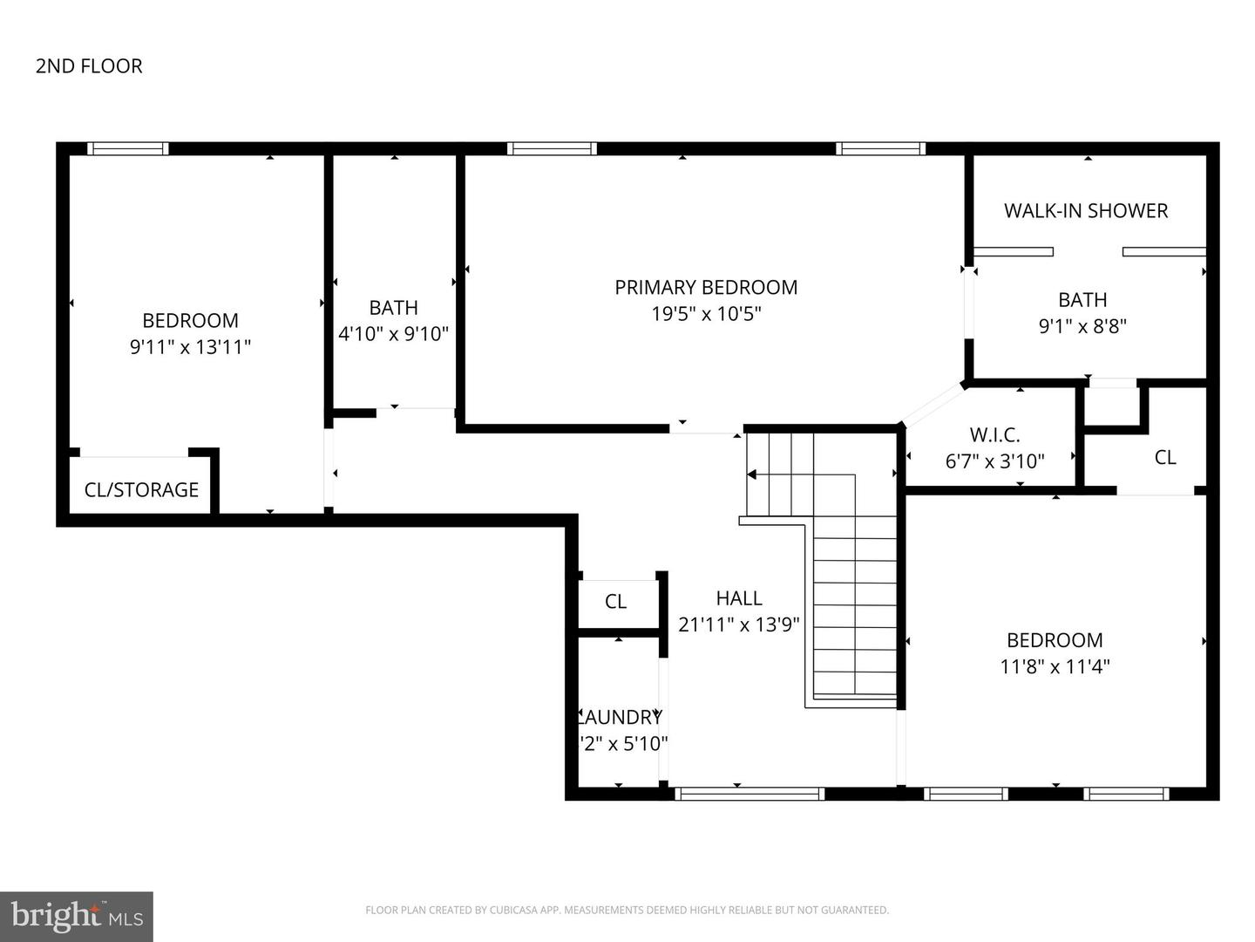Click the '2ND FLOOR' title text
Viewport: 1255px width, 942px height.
[x=89, y=66]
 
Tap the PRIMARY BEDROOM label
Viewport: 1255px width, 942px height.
[x=706, y=287]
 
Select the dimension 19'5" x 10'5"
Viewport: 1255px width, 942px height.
[x=706, y=314]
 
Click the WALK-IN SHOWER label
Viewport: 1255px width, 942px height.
[x=1085, y=210]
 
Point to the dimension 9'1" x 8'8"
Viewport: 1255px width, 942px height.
[x=1082, y=326]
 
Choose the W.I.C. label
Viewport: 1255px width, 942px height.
[x=994, y=434]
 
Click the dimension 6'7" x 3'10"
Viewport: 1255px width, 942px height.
[x=994, y=461]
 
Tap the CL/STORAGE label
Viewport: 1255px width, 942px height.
[x=141, y=490]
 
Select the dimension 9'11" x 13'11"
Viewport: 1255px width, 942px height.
[x=190, y=347]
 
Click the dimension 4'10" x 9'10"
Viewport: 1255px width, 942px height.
[x=393, y=333]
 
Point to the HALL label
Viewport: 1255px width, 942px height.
[x=739, y=598]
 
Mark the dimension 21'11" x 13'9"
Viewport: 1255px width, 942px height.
[x=739, y=625]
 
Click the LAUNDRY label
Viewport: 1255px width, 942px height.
[x=621, y=717]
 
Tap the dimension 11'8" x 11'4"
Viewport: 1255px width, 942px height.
[x=1055, y=666]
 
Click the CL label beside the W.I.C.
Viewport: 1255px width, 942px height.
[x=1165, y=457]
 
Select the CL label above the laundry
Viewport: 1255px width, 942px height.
[x=615, y=602]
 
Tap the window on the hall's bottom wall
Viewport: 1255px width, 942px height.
[x=750, y=794]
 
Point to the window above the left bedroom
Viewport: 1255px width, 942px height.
[x=128, y=149]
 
